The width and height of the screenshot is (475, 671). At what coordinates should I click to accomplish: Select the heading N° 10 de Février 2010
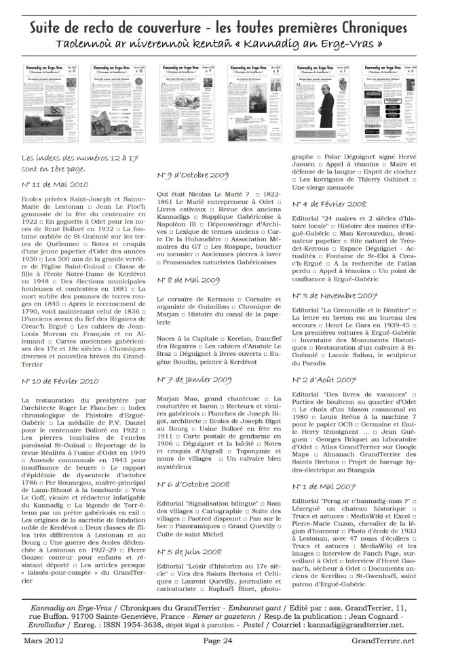coord(60,382)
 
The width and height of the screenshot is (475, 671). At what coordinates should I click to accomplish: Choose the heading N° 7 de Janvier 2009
coord(193,380)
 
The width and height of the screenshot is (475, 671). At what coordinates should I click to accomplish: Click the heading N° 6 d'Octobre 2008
coord(193,485)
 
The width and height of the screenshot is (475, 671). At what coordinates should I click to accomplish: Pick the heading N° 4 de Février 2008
coord(329,203)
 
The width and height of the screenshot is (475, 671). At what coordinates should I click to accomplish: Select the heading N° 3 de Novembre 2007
coord(333,296)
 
